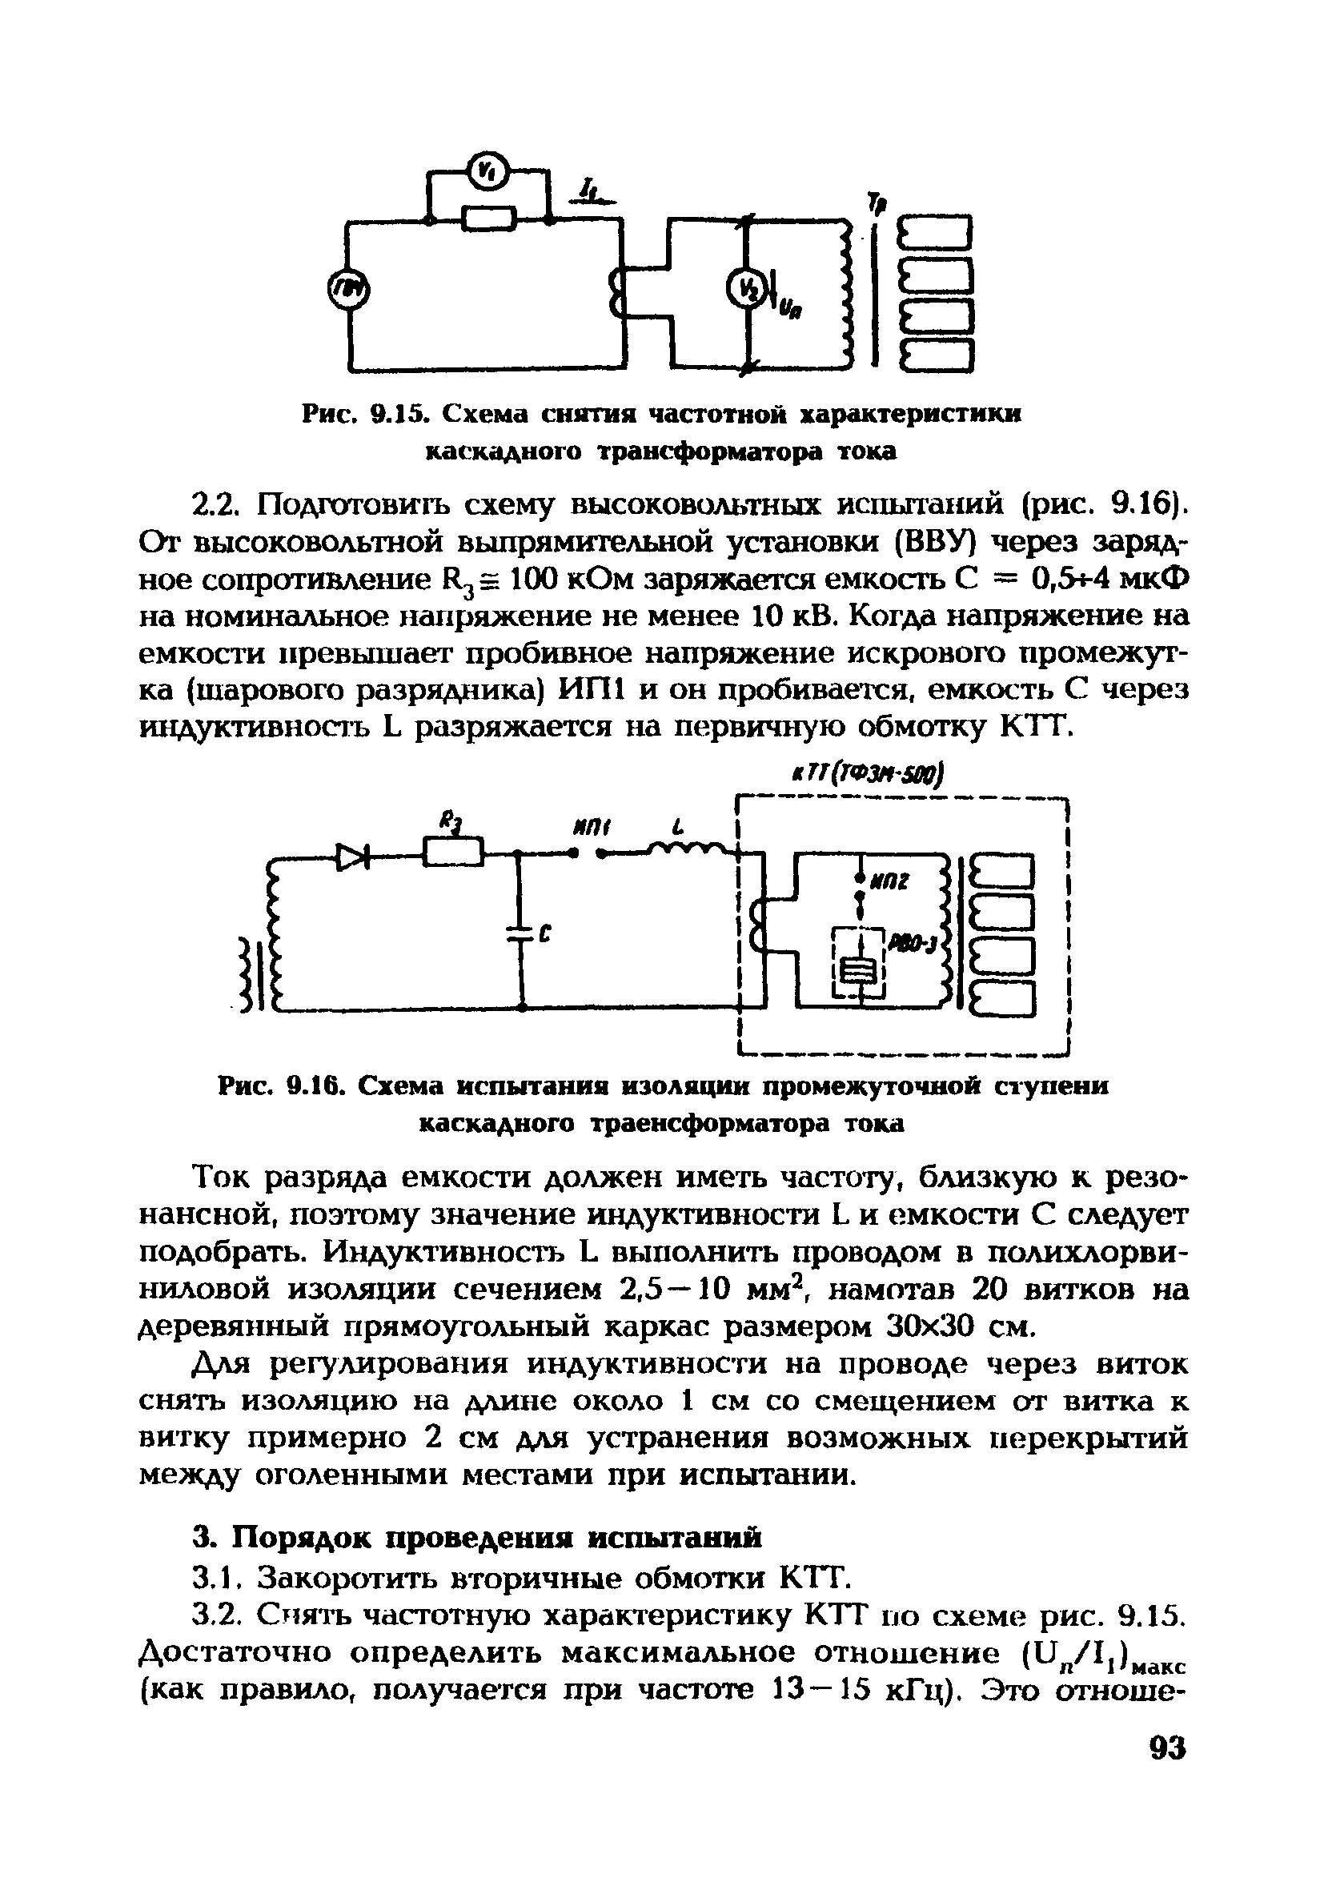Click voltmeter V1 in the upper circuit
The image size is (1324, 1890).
point(487,170)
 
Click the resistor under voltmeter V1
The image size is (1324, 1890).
point(489,219)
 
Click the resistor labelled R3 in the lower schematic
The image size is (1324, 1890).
point(452,851)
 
